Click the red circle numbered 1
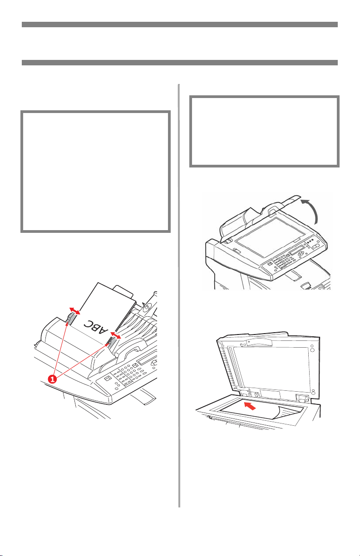click(x=52, y=379)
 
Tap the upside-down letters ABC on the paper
click(x=96, y=327)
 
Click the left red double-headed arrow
click(x=74, y=311)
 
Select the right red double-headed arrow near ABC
click(x=115, y=335)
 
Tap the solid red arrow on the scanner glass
click(x=250, y=406)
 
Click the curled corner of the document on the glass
click(x=289, y=413)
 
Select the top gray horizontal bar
click(x=180, y=25)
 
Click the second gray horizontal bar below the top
click(x=180, y=63)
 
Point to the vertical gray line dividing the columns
click(x=179, y=295)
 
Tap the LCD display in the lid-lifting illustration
click(x=297, y=250)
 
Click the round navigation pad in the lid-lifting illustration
click(x=301, y=253)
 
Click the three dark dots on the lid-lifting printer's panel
click(x=310, y=242)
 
